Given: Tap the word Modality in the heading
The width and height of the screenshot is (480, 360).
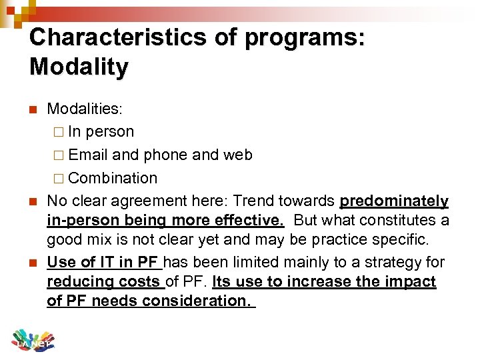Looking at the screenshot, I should pos(79,67).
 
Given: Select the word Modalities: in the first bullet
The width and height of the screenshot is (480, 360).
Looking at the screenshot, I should pos(84,109).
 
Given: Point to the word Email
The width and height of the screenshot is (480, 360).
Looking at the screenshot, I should pos(88,155).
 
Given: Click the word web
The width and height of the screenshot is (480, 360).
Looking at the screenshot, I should pos(238,155).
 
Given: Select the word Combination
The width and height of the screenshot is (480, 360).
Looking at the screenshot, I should pos(113,179).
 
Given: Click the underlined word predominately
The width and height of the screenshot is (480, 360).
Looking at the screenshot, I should pos(394,201).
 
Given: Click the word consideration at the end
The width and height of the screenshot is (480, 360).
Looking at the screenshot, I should pos(203,301).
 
